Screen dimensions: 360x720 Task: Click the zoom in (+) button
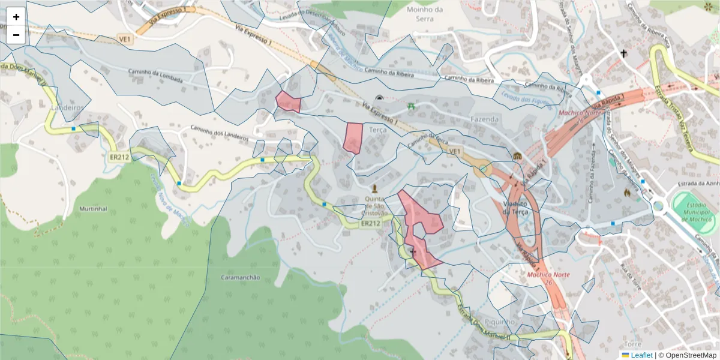coord(16,17)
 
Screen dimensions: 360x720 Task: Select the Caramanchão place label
coord(240,277)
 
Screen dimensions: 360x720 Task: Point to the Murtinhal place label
coord(93,209)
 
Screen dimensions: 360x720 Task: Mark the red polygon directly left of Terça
coord(353,137)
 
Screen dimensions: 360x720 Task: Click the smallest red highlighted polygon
coord(288,102)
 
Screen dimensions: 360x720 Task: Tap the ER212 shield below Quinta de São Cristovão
coord(371,224)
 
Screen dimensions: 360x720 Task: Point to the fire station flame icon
coord(628,193)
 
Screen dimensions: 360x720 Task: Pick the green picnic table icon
coord(411,106)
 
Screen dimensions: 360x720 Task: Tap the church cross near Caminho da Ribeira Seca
coord(623,53)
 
